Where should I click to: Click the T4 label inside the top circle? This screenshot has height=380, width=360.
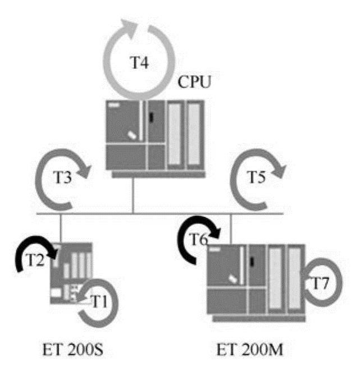(x=140, y=63)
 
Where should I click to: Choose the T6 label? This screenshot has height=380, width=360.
(x=198, y=241)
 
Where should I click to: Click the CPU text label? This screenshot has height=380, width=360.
(x=194, y=84)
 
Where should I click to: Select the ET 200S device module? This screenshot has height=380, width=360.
(x=71, y=273)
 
